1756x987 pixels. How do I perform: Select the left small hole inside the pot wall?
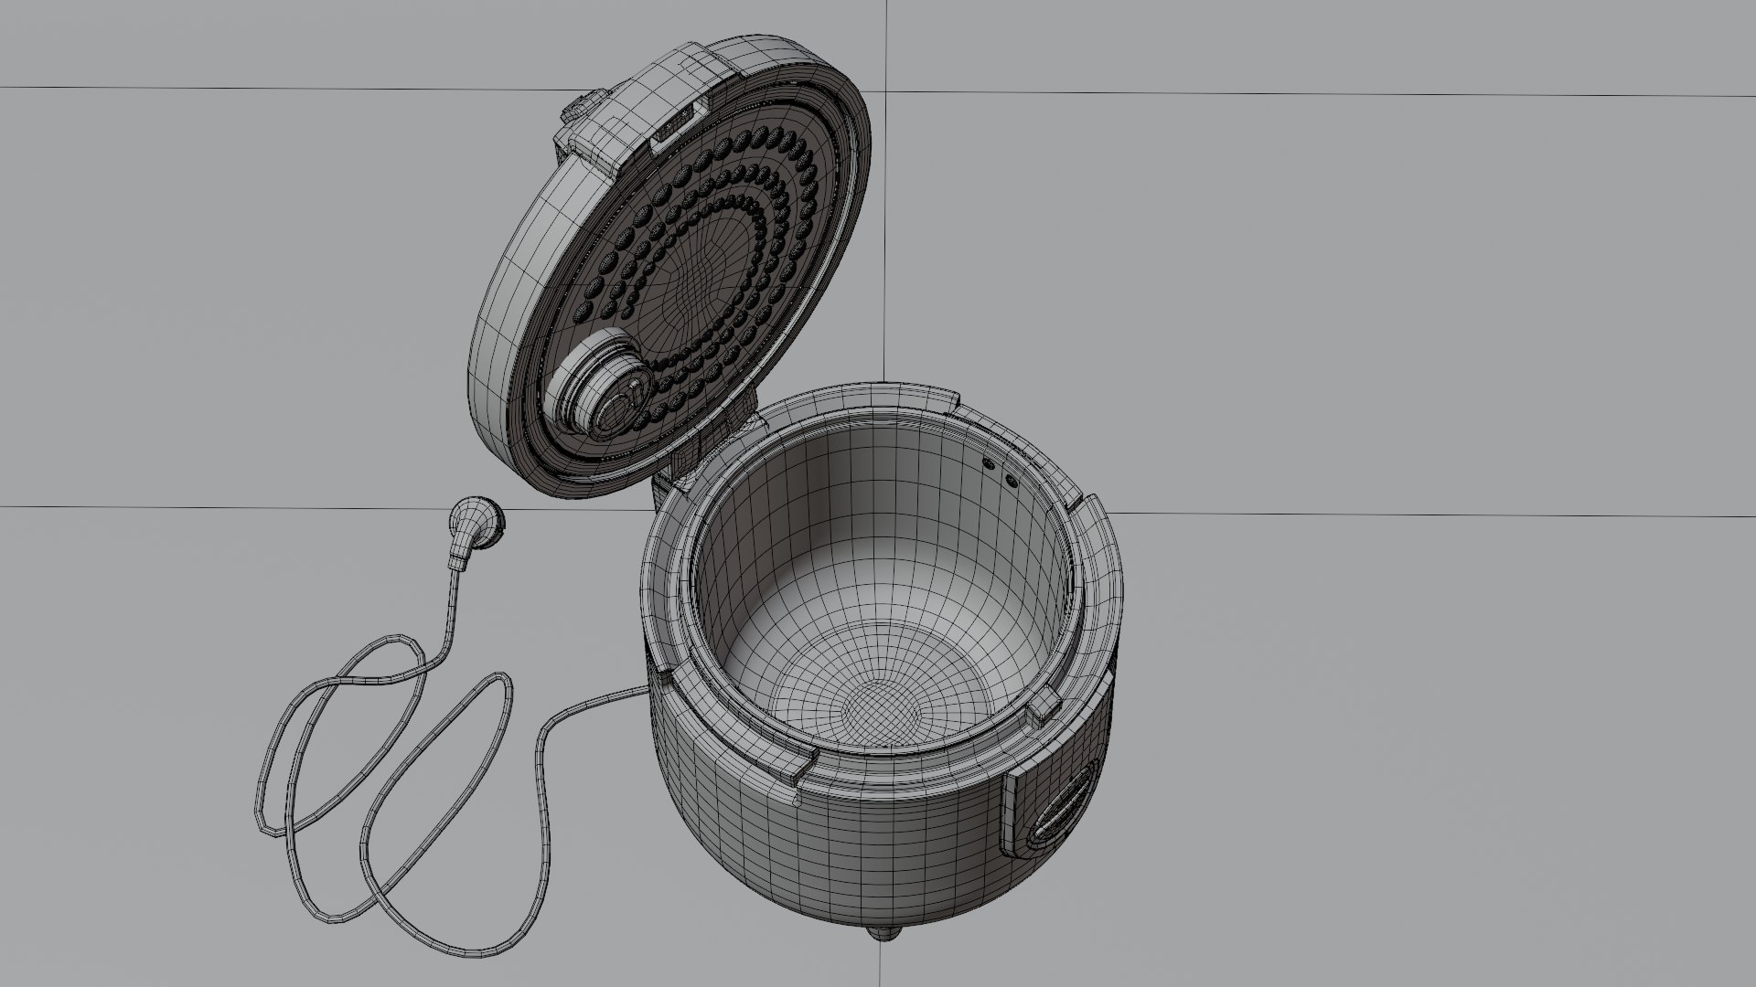989,463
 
